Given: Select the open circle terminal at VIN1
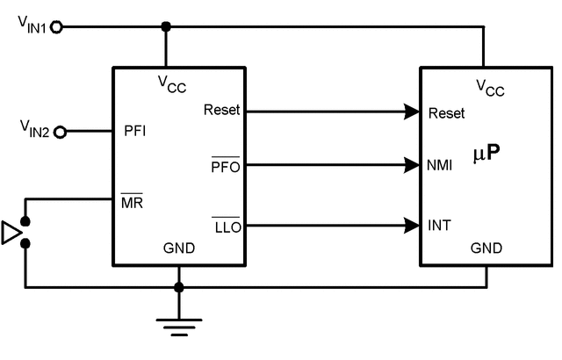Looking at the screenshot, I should coord(58,27).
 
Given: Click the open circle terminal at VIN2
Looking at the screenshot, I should coord(60,133).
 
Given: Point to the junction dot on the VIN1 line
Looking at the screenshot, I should coord(166,27).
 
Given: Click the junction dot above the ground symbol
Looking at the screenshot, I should coord(179,287).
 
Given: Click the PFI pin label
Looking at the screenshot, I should coord(135,133).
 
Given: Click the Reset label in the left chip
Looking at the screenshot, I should coord(220,111).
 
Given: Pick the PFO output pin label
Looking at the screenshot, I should coord(226,166).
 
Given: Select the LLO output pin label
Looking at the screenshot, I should coord(226,227).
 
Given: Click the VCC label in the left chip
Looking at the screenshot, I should coord(172,83).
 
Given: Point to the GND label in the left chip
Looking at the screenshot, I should coord(178,248).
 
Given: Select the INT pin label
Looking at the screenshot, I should coord(440,227).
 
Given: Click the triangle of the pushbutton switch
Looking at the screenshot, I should coord(11,233).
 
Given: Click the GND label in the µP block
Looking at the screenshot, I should coord(486,248).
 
